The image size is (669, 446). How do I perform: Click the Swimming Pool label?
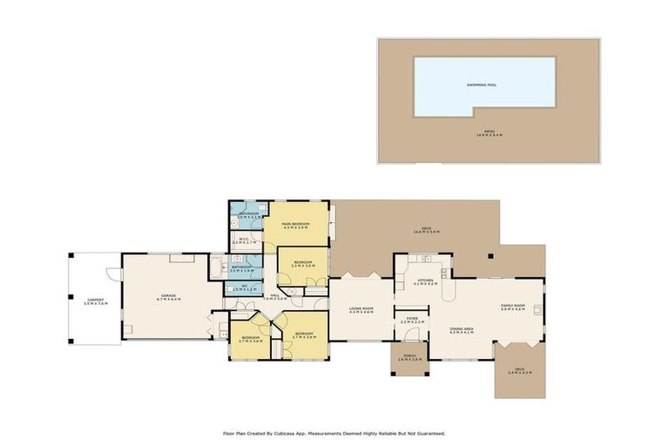pos(483,84)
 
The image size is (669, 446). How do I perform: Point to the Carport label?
pos(95,302)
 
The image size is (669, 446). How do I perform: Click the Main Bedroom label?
pos(296,226)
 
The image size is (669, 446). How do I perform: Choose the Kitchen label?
pos(424,281)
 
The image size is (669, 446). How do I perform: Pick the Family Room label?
pos(512,307)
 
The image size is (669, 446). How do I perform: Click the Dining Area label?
pos(461,331)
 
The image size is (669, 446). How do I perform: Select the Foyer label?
pos(411,321)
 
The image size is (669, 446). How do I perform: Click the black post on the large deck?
pos(490,256)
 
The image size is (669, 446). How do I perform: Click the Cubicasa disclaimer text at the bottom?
pos(334,433)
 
